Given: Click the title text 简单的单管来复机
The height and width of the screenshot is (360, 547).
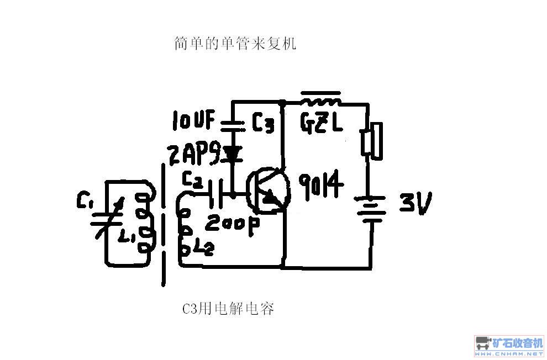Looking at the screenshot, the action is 235,44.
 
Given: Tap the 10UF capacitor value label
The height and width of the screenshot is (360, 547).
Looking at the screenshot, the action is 193,120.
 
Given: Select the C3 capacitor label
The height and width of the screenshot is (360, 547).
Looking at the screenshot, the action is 262,123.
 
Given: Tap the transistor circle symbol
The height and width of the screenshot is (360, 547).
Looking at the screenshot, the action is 268,190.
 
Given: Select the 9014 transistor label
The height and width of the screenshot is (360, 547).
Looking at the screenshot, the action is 321,185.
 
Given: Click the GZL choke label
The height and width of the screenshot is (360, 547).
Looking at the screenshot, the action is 321,123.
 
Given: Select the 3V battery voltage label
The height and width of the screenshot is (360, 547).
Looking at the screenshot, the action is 415,202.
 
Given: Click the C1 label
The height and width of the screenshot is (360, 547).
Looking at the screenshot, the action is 85,201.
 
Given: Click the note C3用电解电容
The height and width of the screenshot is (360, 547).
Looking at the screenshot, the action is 228,309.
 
